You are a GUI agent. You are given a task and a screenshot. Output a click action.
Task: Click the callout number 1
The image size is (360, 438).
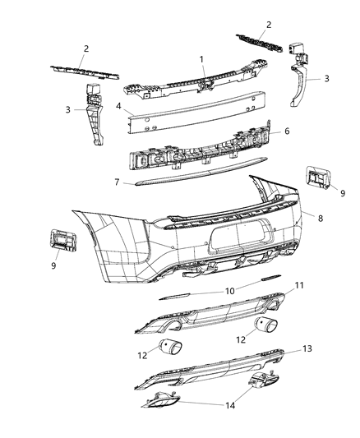(200, 59)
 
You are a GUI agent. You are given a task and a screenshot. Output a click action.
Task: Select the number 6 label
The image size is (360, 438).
(288, 131)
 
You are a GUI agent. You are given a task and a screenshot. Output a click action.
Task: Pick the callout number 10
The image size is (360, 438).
(230, 290)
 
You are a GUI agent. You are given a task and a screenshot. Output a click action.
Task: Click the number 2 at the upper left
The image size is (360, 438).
(85, 49)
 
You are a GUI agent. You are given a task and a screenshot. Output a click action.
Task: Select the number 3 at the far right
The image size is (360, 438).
(327, 78)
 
